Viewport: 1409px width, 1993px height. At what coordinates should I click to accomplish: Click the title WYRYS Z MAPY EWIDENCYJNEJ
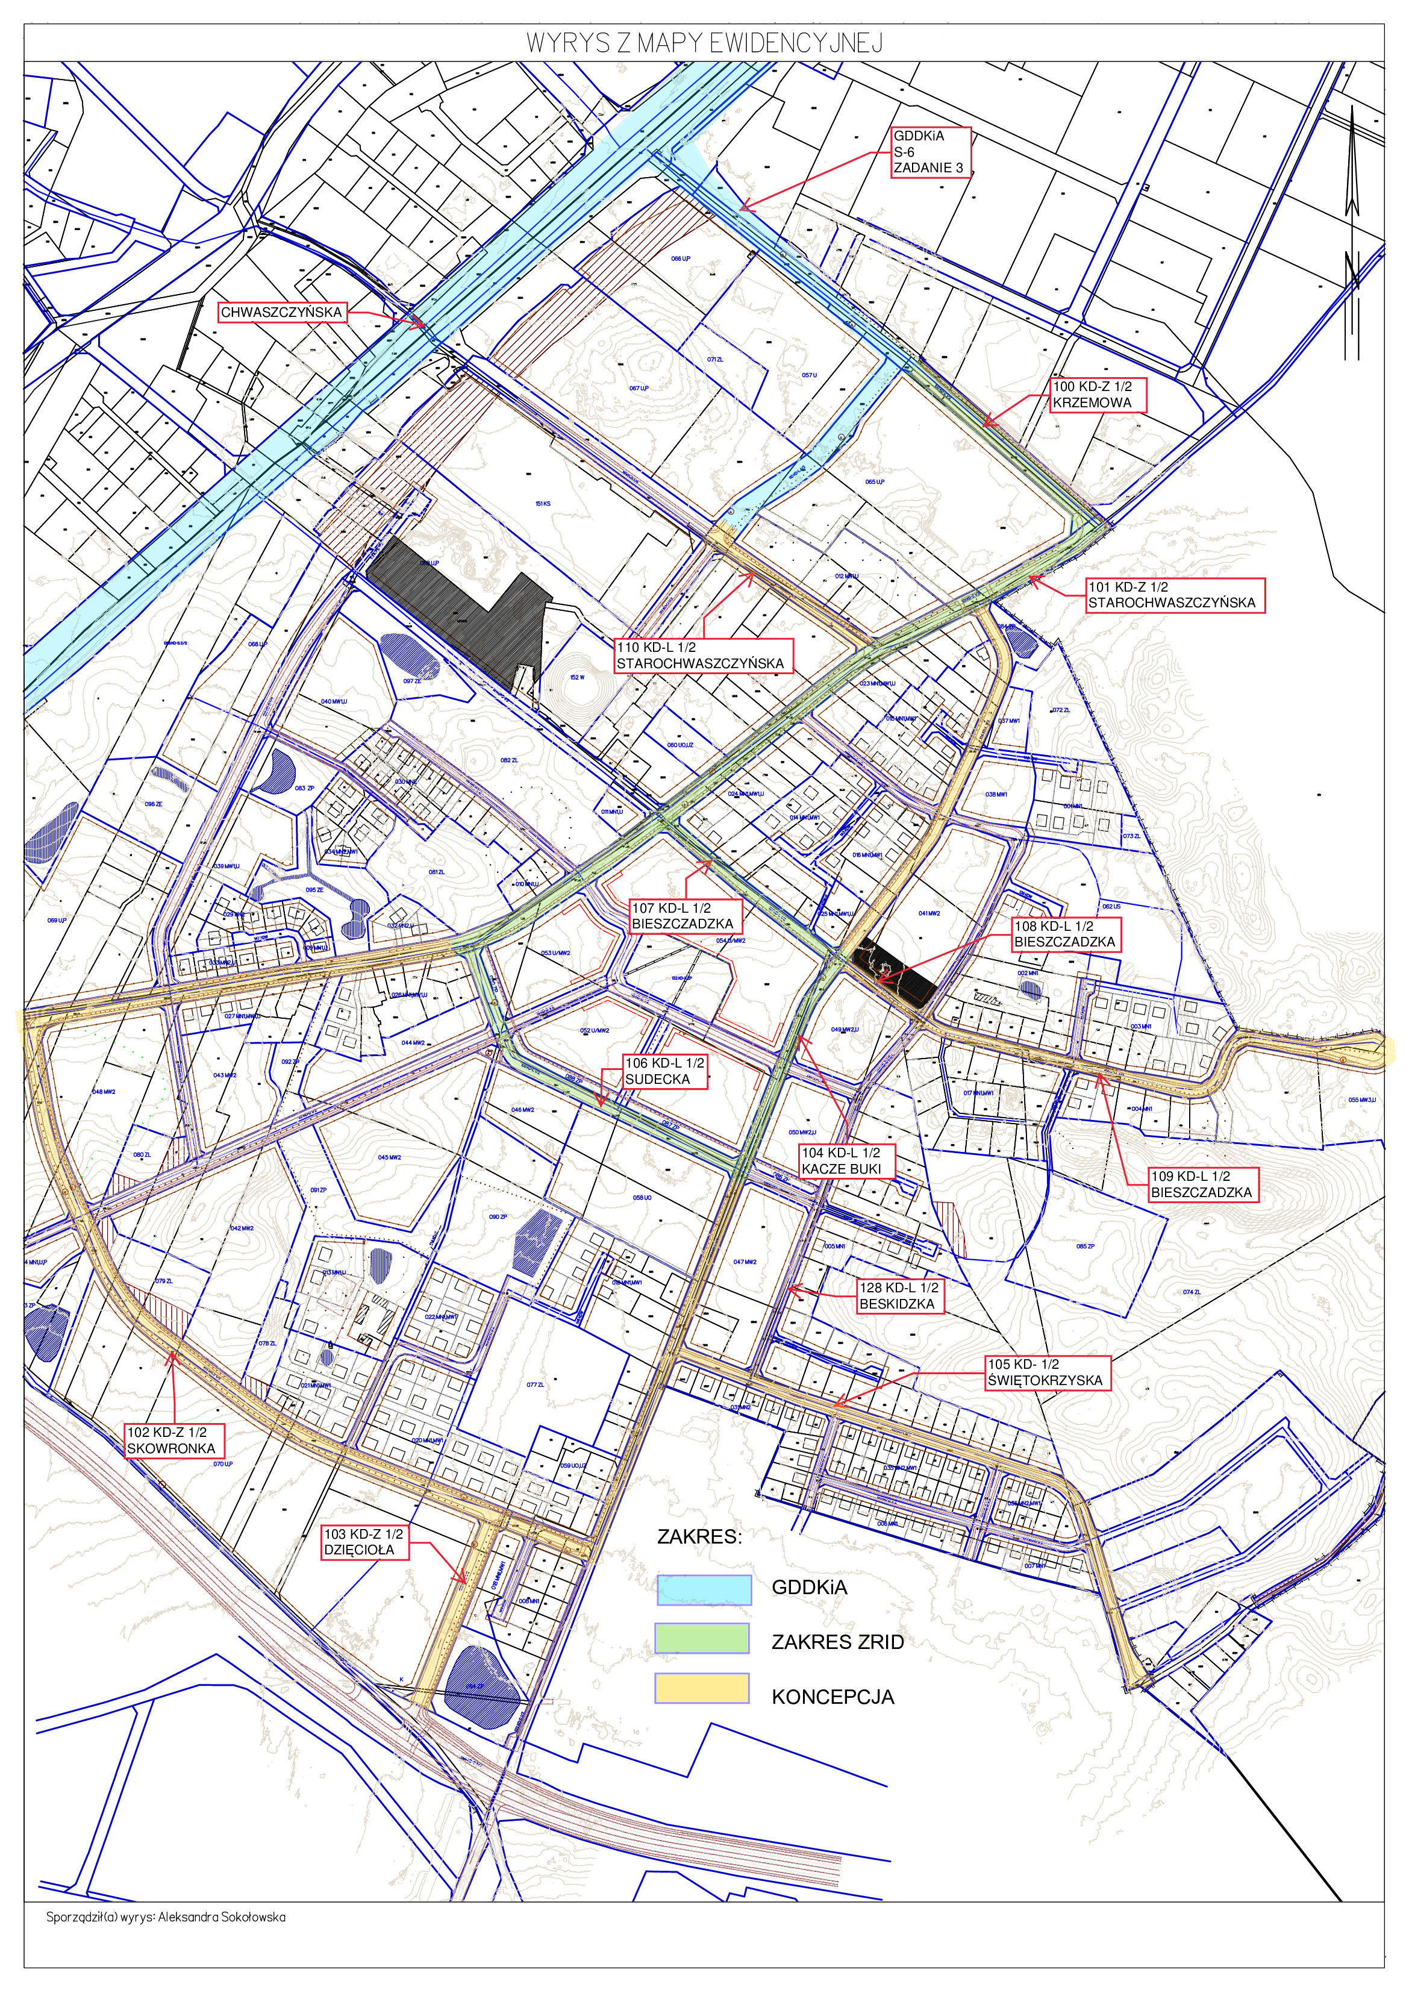[x=704, y=43]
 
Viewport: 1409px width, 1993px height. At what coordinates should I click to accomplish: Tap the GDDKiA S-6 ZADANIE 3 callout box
[x=931, y=152]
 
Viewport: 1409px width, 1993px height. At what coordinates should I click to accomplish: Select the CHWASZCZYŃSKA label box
[x=281, y=313]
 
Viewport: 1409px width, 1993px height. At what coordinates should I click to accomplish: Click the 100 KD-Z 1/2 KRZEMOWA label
[x=1098, y=395]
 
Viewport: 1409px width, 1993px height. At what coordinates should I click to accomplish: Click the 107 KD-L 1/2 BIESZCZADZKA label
[x=685, y=916]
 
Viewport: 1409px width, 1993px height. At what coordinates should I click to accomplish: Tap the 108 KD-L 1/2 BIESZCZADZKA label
[x=1064, y=934]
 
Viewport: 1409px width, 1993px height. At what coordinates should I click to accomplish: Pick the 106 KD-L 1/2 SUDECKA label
[x=665, y=1071]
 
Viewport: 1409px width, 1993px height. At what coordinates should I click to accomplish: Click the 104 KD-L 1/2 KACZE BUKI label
[x=846, y=1160]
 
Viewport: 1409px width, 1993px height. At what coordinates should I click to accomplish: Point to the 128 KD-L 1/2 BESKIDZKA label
[x=899, y=1296]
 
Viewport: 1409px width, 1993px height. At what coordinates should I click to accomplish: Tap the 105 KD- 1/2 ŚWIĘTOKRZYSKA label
[x=1047, y=1372]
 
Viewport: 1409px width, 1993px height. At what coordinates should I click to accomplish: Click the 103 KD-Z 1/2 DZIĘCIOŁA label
[x=364, y=1542]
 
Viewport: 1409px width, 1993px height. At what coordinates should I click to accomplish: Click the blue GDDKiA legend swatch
[x=703, y=1589]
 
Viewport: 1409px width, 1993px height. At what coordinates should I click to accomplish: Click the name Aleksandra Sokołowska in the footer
[x=221, y=1916]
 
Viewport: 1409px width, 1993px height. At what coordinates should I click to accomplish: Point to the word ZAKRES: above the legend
[x=700, y=1536]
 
